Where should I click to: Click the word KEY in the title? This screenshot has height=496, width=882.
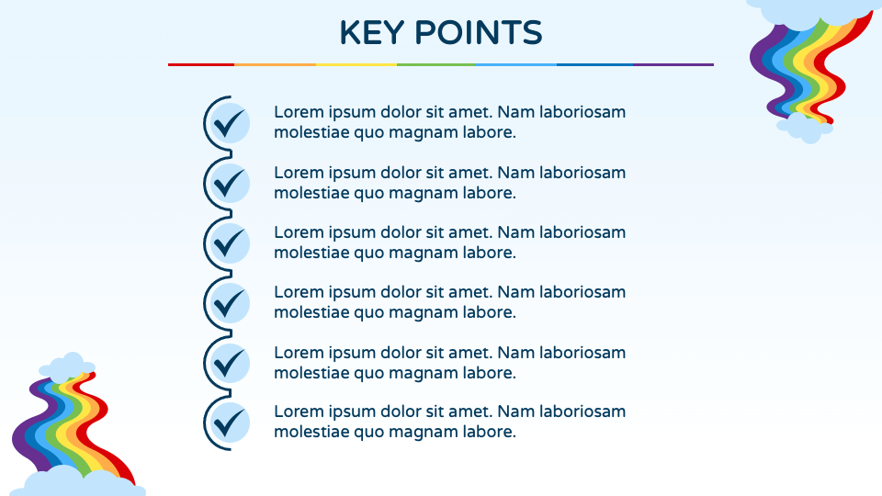[372, 33]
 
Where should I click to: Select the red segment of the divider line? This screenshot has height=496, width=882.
[201, 64]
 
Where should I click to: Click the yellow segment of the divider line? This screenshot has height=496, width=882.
[356, 64]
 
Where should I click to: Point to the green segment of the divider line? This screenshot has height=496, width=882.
[436, 64]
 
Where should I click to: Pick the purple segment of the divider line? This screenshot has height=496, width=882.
[673, 64]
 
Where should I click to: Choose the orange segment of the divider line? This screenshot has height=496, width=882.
[276, 64]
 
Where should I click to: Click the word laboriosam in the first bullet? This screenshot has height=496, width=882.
[582, 112]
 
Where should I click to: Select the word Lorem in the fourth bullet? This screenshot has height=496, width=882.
[299, 292]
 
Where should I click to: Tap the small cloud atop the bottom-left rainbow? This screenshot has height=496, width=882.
[67, 367]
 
